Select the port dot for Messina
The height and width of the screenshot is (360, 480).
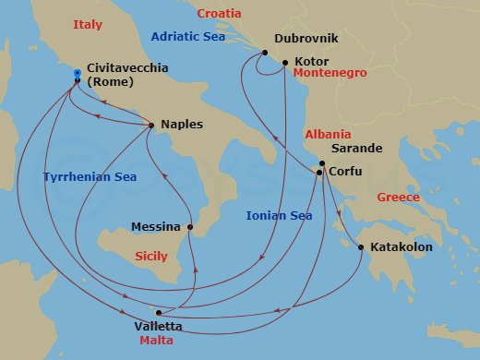(x=190, y=226)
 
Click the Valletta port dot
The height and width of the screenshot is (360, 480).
(x=159, y=313)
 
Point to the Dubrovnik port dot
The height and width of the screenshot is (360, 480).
(x=264, y=53)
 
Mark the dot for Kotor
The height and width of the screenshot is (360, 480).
(x=285, y=62)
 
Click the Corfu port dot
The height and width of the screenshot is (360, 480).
(x=318, y=173)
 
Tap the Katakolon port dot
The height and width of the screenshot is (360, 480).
(x=360, y=246)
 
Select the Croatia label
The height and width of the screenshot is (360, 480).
(x=220, y=14)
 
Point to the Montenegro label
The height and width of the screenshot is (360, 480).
(x=330, y=73)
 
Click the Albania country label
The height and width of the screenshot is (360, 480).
(x=328, y=134)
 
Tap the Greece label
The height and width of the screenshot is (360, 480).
(x=398, y=198)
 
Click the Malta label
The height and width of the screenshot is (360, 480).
(x=156, y=341)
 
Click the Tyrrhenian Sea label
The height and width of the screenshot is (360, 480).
(x=85, y=175)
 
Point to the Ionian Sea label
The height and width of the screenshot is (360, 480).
(x=279, y=216)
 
